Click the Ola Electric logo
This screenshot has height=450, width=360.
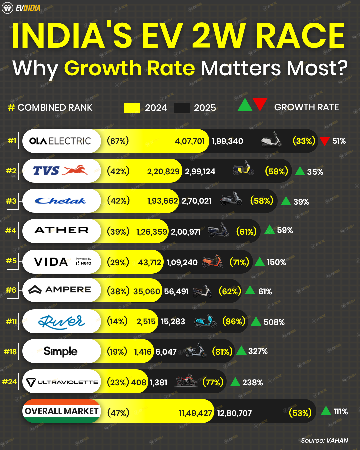pos(60,141)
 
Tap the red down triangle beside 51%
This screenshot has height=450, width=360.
pos(324,141)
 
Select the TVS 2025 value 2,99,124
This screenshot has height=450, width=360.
pos(200,171)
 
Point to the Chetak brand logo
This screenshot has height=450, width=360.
pos(60,201)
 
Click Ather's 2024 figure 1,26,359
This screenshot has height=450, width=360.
pos(151,232)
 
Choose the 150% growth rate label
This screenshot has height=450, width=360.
pos(276,262)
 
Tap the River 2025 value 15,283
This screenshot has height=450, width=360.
pos(173,322)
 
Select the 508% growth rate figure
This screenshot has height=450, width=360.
pos(274,322)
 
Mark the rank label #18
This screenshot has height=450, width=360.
pos(10,352)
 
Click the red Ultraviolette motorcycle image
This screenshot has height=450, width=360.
pos(187,380)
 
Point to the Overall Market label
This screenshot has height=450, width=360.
pos(61,411)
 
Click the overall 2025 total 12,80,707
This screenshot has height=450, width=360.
pos(234,413)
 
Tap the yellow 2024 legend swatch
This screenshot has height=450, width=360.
pos(132,108)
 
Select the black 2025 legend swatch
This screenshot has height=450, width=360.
pos(182,108)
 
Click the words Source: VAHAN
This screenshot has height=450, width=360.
pos(324,440)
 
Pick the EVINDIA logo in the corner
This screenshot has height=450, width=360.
pos(21,8)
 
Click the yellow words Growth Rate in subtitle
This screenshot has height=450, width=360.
pos(129,68)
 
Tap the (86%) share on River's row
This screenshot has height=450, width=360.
pos(234,321)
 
